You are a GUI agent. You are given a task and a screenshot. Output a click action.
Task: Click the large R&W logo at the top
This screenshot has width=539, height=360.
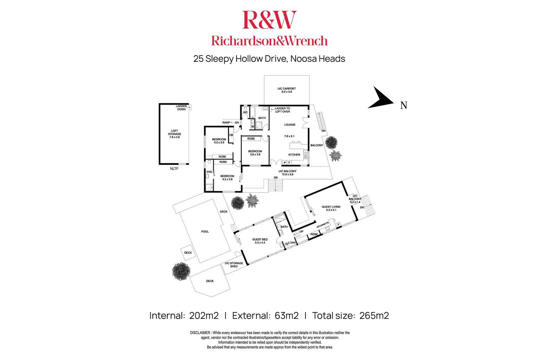coord(269,20)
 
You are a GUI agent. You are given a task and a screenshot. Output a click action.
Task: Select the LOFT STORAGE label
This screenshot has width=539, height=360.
coord(174,134)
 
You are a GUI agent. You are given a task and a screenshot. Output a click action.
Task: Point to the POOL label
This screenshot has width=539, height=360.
coord(205,231)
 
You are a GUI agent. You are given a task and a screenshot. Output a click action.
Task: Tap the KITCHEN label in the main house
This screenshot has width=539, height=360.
coord(294,155)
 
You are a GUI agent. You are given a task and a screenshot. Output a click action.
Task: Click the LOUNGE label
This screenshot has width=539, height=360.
coord(290,125)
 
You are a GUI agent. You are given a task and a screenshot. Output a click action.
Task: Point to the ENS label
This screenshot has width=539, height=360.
coord(209,172)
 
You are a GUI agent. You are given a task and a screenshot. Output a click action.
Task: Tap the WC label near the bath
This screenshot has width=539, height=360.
coord(245,112)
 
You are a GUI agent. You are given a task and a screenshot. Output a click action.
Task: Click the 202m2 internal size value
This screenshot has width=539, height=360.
coord(204,316)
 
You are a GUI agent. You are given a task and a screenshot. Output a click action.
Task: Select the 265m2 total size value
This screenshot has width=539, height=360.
coord(374,316)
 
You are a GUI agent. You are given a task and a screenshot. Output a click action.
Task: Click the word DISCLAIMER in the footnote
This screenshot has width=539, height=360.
coord(200,333)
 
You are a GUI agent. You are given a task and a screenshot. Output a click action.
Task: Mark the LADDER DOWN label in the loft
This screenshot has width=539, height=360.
coord(181,107)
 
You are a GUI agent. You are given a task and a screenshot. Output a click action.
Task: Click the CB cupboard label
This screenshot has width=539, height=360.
coord(231,135)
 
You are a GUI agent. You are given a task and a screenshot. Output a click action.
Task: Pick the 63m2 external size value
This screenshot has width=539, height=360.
coord(287,316)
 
